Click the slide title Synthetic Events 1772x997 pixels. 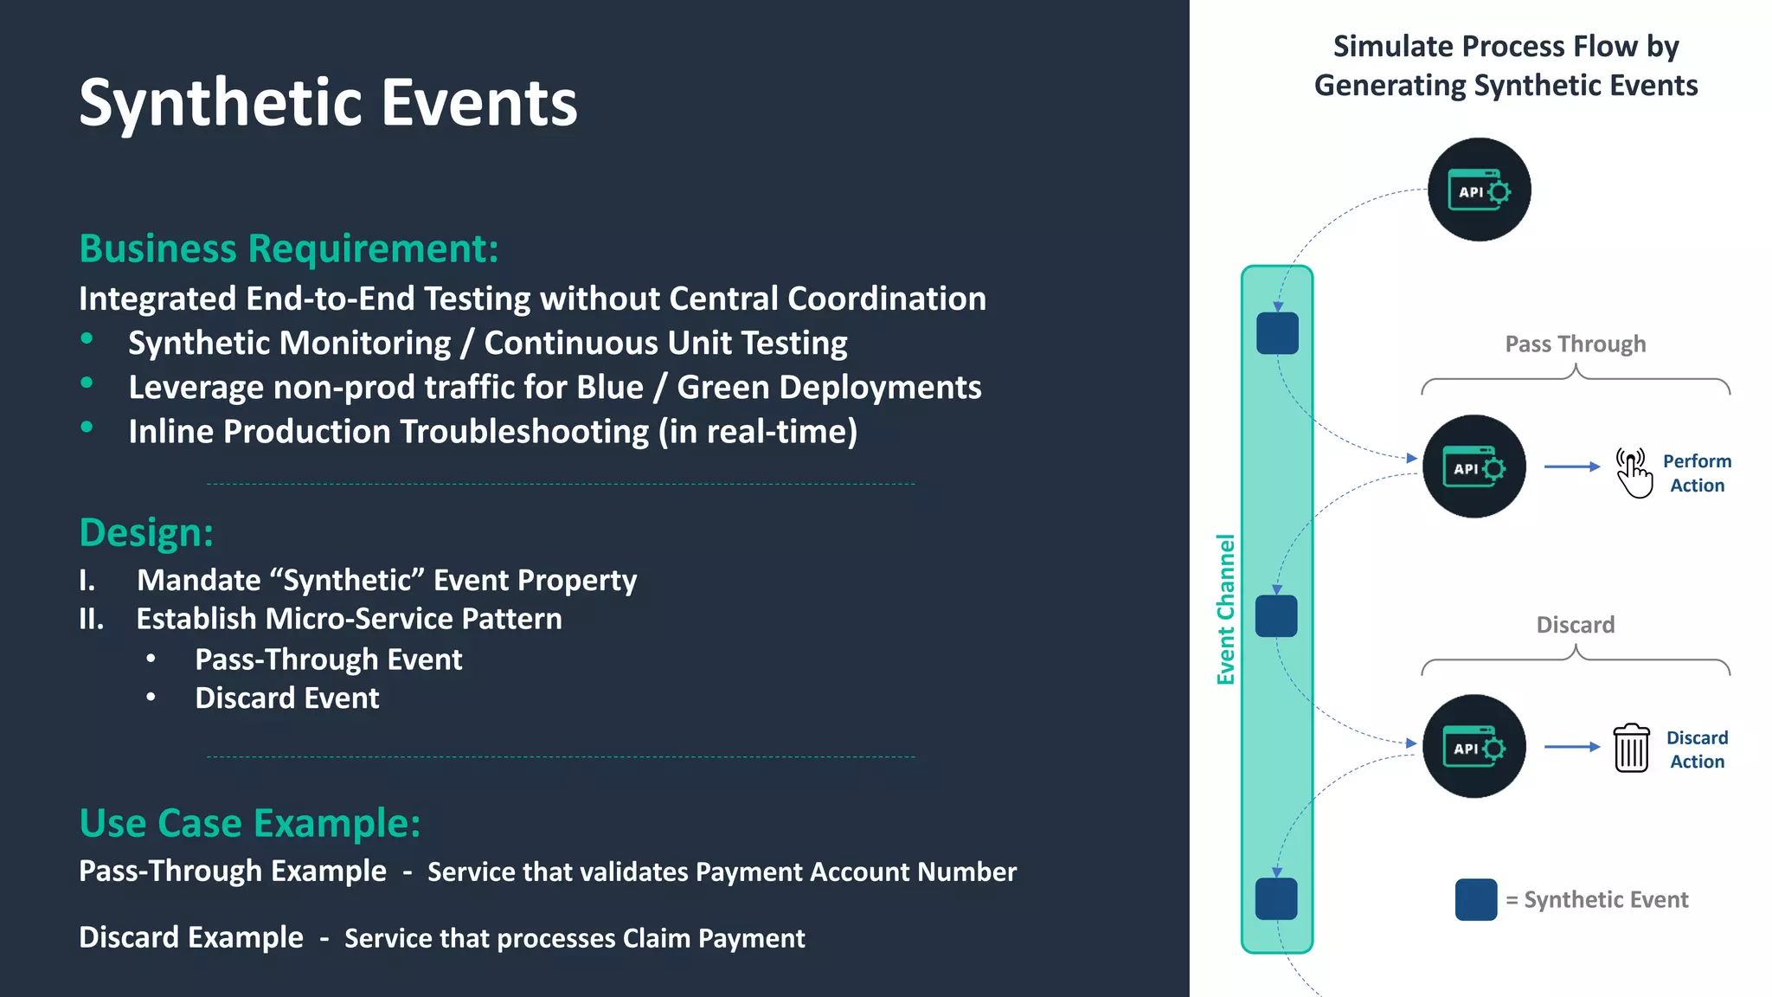point(328,102)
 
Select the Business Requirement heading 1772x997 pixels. point(289,248)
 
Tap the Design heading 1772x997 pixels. point(146,532)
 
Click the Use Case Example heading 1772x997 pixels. point(250,822)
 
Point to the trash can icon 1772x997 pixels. point(1631,748)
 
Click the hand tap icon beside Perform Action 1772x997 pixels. point(1633,473)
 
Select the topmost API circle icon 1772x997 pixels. point(1479,190)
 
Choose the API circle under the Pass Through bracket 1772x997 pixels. point(1474,466)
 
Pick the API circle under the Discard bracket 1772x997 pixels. point(1474,746)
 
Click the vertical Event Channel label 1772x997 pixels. point(1225,609)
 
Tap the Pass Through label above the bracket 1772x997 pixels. point(1575,344)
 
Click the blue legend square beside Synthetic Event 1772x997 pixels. point(1476,899)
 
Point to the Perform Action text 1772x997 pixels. point(1697,473)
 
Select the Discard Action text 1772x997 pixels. point(1697,749)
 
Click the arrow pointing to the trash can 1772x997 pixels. point(1571,746)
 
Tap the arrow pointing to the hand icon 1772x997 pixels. point(1571,466)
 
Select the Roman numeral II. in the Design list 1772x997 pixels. point(92,619)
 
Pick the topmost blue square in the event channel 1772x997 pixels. point(1277,333)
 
